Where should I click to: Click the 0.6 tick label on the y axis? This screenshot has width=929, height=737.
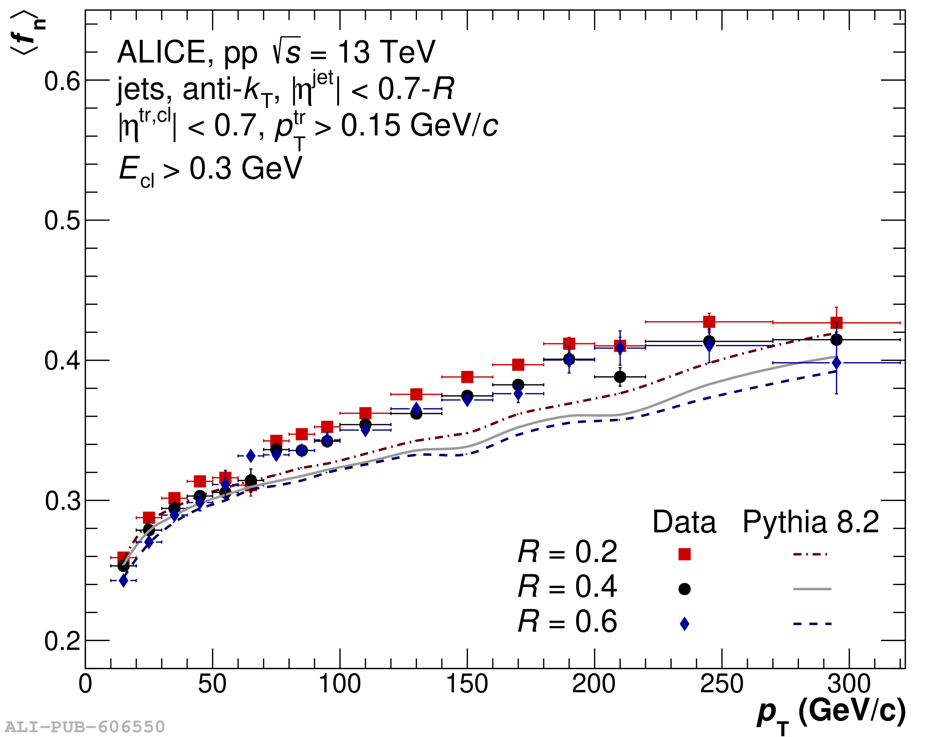62,81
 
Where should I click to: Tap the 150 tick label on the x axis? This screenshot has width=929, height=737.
467,684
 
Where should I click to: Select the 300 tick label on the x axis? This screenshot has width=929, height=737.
848,684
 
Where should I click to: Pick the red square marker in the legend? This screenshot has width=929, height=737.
684,554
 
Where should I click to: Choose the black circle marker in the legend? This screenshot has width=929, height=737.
684,589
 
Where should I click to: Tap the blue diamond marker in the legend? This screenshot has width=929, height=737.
684,624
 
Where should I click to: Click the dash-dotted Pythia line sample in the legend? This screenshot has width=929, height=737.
810,554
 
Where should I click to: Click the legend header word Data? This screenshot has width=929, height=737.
684,523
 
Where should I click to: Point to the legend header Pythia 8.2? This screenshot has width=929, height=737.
810,523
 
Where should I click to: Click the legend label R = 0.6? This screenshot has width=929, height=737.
567,622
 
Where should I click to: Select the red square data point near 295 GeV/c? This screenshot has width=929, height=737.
836,323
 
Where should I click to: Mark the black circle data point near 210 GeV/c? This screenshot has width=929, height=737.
619,377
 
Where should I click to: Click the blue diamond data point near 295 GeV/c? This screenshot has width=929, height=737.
836,363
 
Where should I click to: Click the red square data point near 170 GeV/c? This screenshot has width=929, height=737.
518,364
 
